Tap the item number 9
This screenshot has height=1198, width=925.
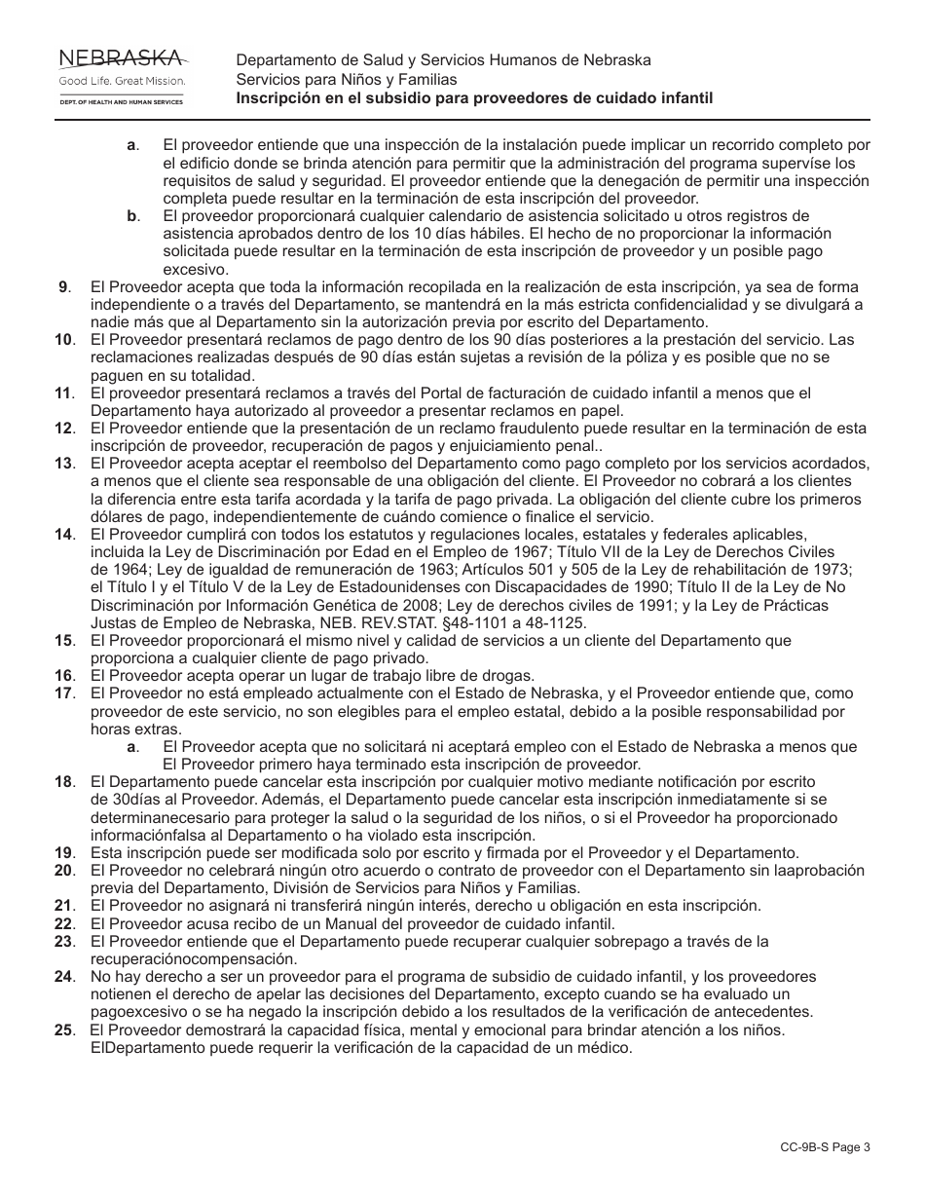[64, 286]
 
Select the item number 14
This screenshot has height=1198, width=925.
[64, 535]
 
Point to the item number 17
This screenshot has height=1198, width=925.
[64, 693]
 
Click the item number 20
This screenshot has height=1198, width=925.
[64, 870]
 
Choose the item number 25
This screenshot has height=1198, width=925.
[64, 1030]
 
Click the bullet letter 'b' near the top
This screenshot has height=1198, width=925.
[131, 215]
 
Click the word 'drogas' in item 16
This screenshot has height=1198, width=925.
[536, 676]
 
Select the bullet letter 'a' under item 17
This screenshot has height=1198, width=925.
[131, 747]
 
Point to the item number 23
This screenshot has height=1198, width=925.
[64, 941]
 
